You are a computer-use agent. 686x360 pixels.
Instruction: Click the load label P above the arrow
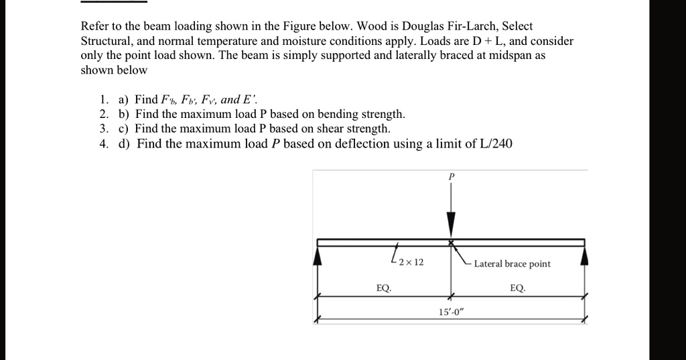452,176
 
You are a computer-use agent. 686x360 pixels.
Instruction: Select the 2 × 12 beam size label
411,262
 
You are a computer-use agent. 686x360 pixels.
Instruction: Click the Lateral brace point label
512,263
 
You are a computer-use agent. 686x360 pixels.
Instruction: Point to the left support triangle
319,255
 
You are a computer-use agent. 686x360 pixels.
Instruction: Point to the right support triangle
585,255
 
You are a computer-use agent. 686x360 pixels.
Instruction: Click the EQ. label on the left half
384,288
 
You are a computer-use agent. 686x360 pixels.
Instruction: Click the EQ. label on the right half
518,288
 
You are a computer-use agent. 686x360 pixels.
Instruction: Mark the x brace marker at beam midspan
451,242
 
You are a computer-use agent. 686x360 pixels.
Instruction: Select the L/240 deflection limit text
494,143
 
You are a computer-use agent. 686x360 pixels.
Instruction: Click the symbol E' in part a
248,100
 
